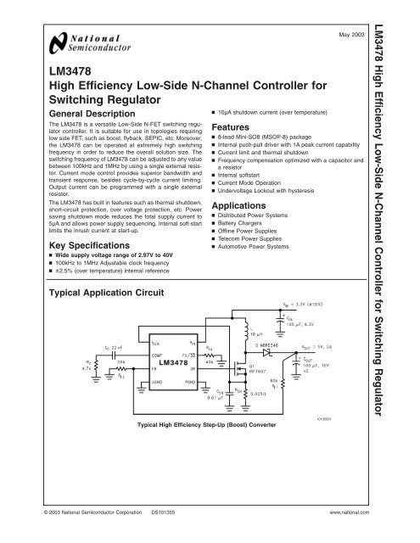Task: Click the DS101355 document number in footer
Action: click(165, 513)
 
